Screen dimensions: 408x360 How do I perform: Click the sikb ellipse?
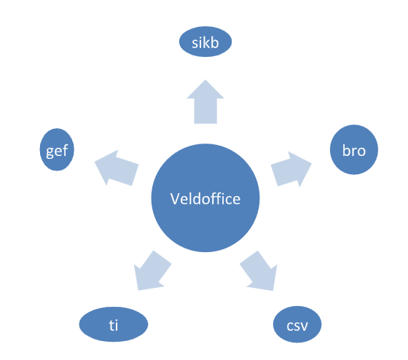click(x=205, y=42)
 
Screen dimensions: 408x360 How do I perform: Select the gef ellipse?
click(x=57, y=149)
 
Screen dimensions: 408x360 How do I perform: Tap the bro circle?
click(x=354, y=149)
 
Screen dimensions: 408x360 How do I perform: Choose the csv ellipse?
click(x=297, y=324)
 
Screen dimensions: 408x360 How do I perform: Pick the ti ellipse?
click(x=114, y=324)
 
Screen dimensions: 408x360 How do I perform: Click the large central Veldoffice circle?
click(x=205, y=197)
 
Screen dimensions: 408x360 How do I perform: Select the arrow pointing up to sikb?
click(x=205, y=102)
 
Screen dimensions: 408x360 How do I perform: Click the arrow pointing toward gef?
click(x=117, y=168)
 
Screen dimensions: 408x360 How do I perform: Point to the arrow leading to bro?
click(x=291, y=169)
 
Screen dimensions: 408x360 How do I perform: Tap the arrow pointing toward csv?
click(x=259, y=270)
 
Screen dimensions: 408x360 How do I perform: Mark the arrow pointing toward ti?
click(x=152, y=270)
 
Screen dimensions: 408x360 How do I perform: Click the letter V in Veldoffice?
click(x=176, y=199)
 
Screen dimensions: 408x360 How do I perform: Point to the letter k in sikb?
click(x=208, y=43)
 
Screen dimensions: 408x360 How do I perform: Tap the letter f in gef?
click(x=66, y=149)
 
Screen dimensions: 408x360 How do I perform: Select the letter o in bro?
click(x=361, y=152)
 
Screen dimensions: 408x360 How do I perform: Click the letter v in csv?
click(x=303, y=326)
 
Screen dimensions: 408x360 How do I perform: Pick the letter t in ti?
click(x=111, y=325)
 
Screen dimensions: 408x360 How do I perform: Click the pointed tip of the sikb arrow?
click(x=205, y=80)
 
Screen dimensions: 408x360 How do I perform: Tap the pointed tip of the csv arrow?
click(x=272, y=290)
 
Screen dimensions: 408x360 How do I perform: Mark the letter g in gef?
click(x=50, y=152)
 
